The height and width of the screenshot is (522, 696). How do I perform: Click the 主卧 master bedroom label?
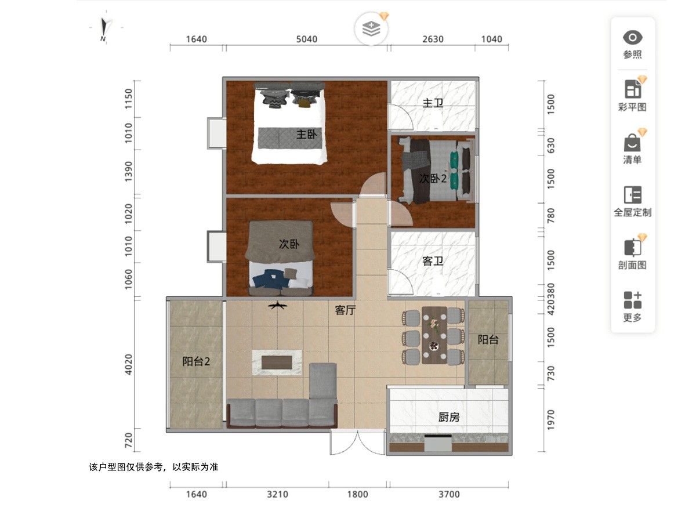306,135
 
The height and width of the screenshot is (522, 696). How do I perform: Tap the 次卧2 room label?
433,179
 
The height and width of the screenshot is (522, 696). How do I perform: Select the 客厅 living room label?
345,310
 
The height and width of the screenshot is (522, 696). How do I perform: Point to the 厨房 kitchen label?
449,417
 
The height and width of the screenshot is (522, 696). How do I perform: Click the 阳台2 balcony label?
196,361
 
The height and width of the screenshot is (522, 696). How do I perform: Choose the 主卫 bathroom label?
433,103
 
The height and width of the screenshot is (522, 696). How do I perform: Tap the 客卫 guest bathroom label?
433,261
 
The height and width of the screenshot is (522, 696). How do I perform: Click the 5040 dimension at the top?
307,39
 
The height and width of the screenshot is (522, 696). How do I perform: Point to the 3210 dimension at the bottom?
277,494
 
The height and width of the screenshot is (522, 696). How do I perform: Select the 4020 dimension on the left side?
128,364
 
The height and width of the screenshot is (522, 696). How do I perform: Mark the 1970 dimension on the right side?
551,420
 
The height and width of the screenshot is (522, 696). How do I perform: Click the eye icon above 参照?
632,38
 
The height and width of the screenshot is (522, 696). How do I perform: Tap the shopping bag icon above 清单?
632,143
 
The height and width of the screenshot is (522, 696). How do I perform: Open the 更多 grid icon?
632,300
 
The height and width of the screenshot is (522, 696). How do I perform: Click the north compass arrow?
104,27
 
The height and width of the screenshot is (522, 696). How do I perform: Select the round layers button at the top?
371,29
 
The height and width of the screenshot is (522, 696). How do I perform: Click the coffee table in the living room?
277,362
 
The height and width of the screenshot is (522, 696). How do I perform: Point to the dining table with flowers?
434,335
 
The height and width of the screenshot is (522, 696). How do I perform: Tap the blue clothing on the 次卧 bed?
271,278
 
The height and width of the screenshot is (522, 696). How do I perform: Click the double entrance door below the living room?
358,443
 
